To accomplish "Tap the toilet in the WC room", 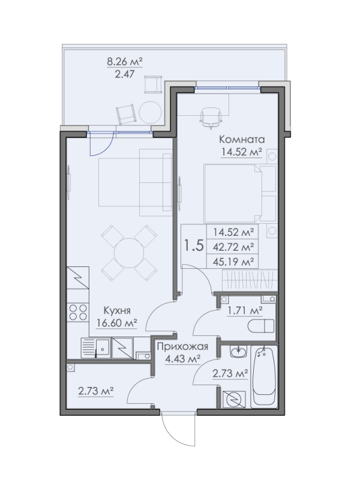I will click(260, 326).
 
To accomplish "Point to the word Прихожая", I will click(182, 347).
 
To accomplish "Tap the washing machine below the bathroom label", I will click(233, 398).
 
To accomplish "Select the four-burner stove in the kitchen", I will click(76, 312).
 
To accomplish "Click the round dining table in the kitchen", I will click(128, 253).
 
